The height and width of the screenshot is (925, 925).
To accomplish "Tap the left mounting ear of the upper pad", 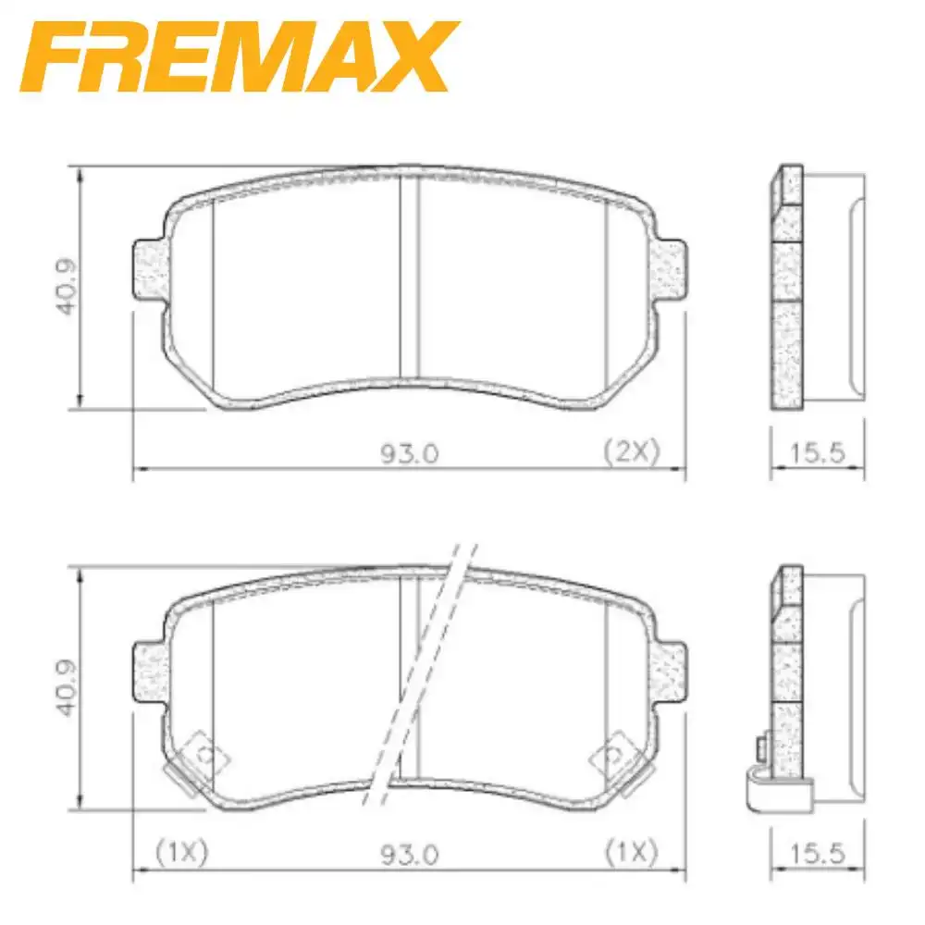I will pos(151,270).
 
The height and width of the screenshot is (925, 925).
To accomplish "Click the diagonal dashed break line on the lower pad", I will pos(421,675).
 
